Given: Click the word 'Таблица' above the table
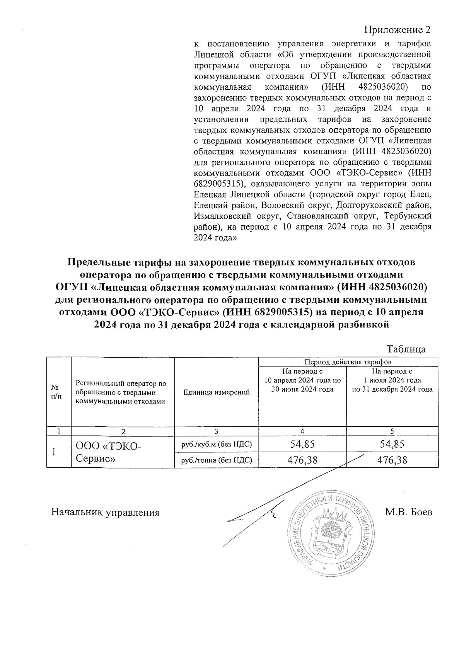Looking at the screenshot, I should [406, 349].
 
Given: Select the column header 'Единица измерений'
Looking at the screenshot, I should [217, 392].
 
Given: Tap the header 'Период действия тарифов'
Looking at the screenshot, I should [348, 362].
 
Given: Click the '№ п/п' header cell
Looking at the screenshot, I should [56, 391].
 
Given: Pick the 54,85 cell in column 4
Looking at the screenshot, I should [302, 445].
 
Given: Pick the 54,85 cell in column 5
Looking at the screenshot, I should [392, 445].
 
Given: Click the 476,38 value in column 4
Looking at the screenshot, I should [302, 460].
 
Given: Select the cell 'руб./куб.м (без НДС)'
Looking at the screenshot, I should [217, 445].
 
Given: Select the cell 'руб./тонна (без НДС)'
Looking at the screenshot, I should [217, 460].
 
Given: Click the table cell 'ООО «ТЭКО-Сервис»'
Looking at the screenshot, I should [109, 452].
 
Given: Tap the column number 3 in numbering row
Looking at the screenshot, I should [217, 431].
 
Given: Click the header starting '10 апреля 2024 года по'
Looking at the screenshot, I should [302, 380].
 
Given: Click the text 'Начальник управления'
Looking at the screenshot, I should [106, 513].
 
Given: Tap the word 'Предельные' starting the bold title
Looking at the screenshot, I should [97, 262].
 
